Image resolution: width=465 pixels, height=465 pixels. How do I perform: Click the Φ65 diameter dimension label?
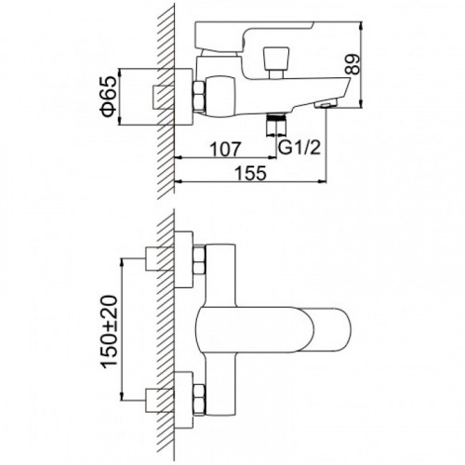coord(110,97)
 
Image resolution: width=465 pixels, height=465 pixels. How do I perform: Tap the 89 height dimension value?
coord(352,64)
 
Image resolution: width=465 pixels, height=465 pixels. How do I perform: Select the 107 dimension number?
coord(225,150)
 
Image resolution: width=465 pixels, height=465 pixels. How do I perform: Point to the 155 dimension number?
coord(250,173)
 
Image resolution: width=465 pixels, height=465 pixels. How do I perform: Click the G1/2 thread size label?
coord(299,148)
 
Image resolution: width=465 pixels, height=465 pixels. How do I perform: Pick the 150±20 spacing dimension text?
coord(110,332)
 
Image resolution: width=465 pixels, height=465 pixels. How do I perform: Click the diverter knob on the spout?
coord(276,62)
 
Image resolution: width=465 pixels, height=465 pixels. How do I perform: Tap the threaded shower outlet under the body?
coord(276,125)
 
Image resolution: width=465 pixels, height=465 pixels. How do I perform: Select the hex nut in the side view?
coord(199,96)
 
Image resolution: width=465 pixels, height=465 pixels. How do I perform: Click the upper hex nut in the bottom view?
coord(199,259)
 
